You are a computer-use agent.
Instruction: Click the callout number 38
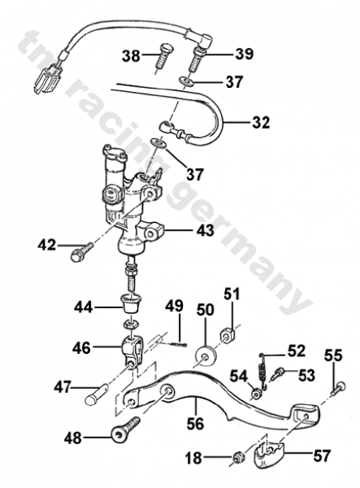point(131,57)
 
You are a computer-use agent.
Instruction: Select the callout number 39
point(244,54)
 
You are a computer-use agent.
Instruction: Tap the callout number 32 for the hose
point(261,122)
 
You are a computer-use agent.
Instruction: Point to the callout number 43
point(205,231)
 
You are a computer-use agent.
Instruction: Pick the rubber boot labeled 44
point(132,303)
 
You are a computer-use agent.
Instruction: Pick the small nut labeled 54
point(257,394)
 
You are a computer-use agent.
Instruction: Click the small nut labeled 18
point(238,458)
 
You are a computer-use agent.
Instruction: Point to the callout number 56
point(195,423)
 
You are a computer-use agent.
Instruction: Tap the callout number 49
point(174,306)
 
